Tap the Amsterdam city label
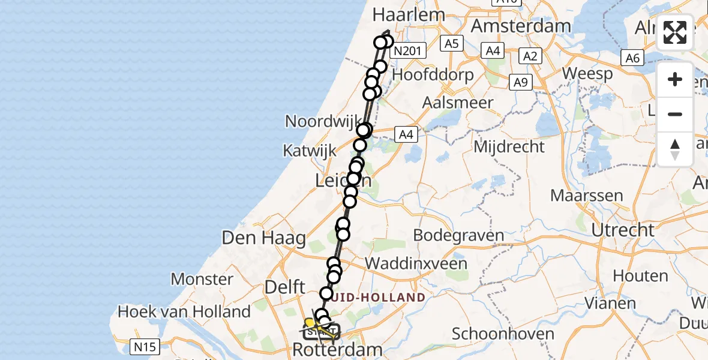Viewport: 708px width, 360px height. [x=521, y=26]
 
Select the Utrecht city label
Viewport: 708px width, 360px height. [x=622, y=230]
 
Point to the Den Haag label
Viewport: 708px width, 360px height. [x=264, y=238]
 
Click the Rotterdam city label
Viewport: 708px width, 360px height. [x=337, y=350]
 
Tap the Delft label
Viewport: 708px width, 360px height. [x=285, y=287]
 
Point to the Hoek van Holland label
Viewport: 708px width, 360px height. [x=184, y=311]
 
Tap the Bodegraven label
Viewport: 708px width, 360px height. [x=459, y=235]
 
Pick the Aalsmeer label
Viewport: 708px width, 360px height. [x=458, y=102]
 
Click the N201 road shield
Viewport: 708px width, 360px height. [x=406, y=52]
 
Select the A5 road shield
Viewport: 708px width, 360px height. [x=451, y=43]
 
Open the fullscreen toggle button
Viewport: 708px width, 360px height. [x=675, y=32]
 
